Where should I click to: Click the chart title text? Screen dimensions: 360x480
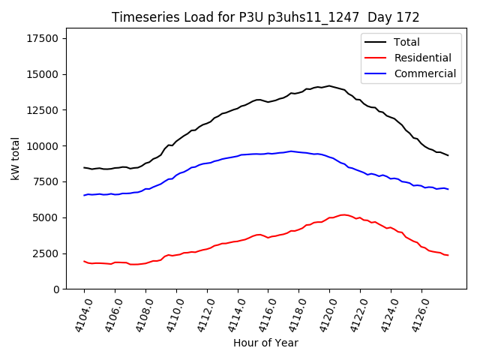click(265, 17)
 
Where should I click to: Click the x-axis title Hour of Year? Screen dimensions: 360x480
click(265, 343)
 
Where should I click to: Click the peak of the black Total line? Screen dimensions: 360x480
click(328, 85)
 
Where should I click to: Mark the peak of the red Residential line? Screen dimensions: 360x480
click(343, 214)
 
